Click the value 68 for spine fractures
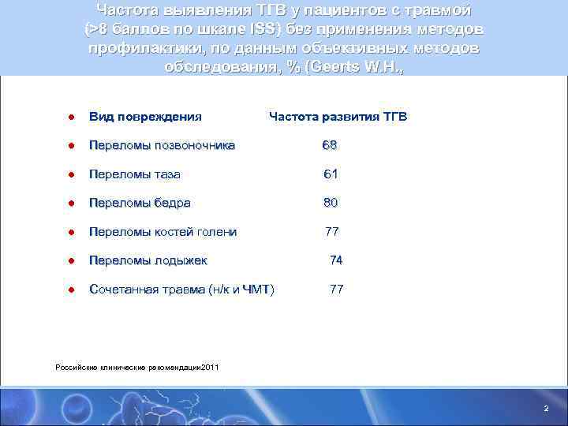point(330,145)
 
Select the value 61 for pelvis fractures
point(331,174)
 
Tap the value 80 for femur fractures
point(331,203)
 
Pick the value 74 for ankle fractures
point(336,260)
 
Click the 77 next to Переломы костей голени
point(332,232)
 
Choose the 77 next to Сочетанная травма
point(336,290)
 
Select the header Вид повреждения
point(145,117)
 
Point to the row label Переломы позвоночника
point(161,145)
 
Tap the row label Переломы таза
point(134,174)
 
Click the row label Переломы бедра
point(140,203)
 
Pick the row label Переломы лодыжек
point(148,260)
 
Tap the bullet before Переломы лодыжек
point(70,261)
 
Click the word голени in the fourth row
point(217,232)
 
